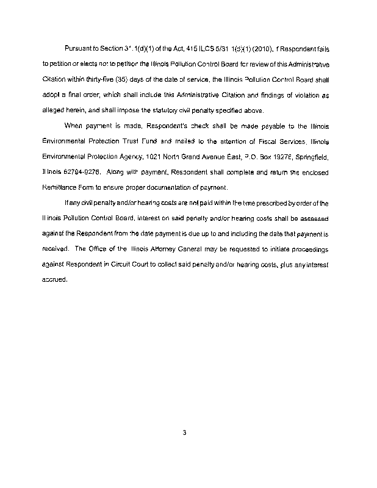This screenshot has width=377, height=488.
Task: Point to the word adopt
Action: point(51,95)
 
